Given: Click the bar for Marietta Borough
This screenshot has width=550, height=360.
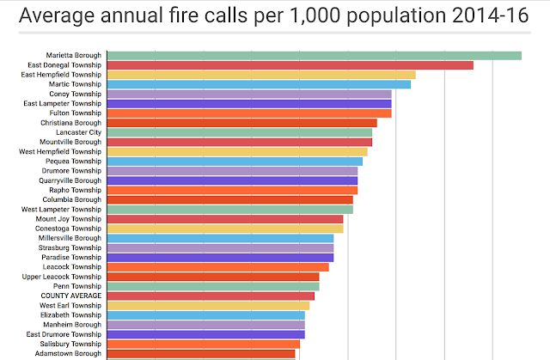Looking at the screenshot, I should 314,56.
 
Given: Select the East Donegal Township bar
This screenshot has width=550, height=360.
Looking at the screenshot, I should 290,65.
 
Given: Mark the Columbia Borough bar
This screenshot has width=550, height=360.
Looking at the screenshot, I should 229,199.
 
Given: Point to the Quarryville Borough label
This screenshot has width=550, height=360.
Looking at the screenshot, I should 70,180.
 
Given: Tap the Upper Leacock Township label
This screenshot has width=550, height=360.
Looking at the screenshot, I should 62,277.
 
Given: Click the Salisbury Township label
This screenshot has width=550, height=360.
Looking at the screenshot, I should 70,344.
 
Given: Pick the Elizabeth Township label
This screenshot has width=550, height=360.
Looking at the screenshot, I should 71,315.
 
